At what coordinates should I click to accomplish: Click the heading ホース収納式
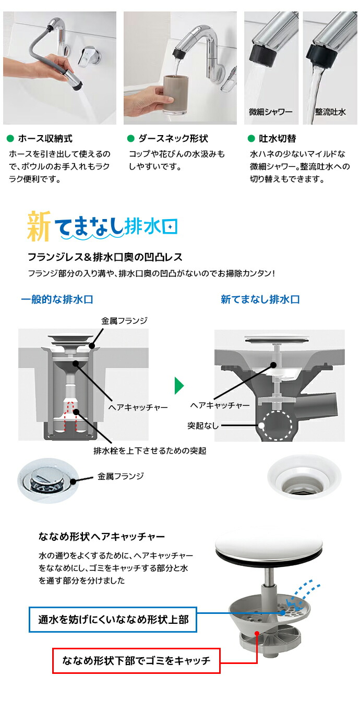[x=45, y=139]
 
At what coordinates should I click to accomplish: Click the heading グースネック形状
[x=173, y=139]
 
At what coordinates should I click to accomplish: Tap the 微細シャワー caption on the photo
[x=271, y=112]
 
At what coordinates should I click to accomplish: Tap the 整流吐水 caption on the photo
[x=330, y=112]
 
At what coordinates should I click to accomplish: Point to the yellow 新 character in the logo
[x=40, y=226]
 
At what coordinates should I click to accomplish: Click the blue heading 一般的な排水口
[x=57, y=299]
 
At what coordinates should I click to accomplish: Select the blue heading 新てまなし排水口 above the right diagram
[x=260, y=299]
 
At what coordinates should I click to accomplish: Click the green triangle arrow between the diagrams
[x=179, y=386]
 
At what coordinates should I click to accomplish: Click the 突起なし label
[x=203, y=426]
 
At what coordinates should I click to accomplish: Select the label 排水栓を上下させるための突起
[x=149, y=450]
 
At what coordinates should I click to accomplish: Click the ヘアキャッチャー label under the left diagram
[x=138, y=406]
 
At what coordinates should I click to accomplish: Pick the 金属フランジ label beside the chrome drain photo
[x=121, y=476]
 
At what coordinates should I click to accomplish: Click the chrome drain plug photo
[x=45, y=478]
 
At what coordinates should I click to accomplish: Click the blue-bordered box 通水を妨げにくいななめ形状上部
[x=113, y=620]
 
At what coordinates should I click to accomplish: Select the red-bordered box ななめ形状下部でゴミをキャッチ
[x=136, y=661]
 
